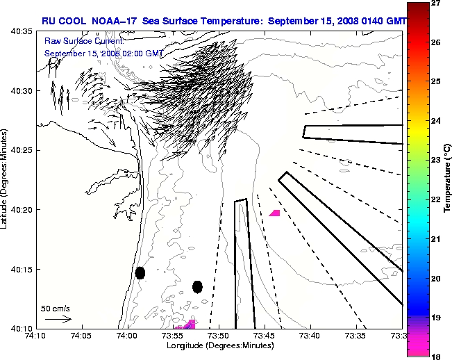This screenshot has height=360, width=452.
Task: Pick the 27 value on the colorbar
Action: tap(437, 3)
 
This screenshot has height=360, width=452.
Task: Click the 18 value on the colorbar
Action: tap(437, 356)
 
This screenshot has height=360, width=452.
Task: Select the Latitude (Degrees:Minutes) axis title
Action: tap(5, 179)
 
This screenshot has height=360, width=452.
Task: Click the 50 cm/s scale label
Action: tap(55, 308)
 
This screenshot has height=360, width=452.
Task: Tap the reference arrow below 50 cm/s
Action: tap(58, 319)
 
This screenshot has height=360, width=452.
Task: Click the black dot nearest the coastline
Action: tap(140, 272)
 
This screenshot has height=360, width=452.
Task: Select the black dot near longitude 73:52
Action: tap(197, 286)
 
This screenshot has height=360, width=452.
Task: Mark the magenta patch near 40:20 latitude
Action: tap(275, 213)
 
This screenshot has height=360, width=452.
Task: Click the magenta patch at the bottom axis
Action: tap(186, 325)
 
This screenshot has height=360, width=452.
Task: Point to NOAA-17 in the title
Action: tap(113, 21)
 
